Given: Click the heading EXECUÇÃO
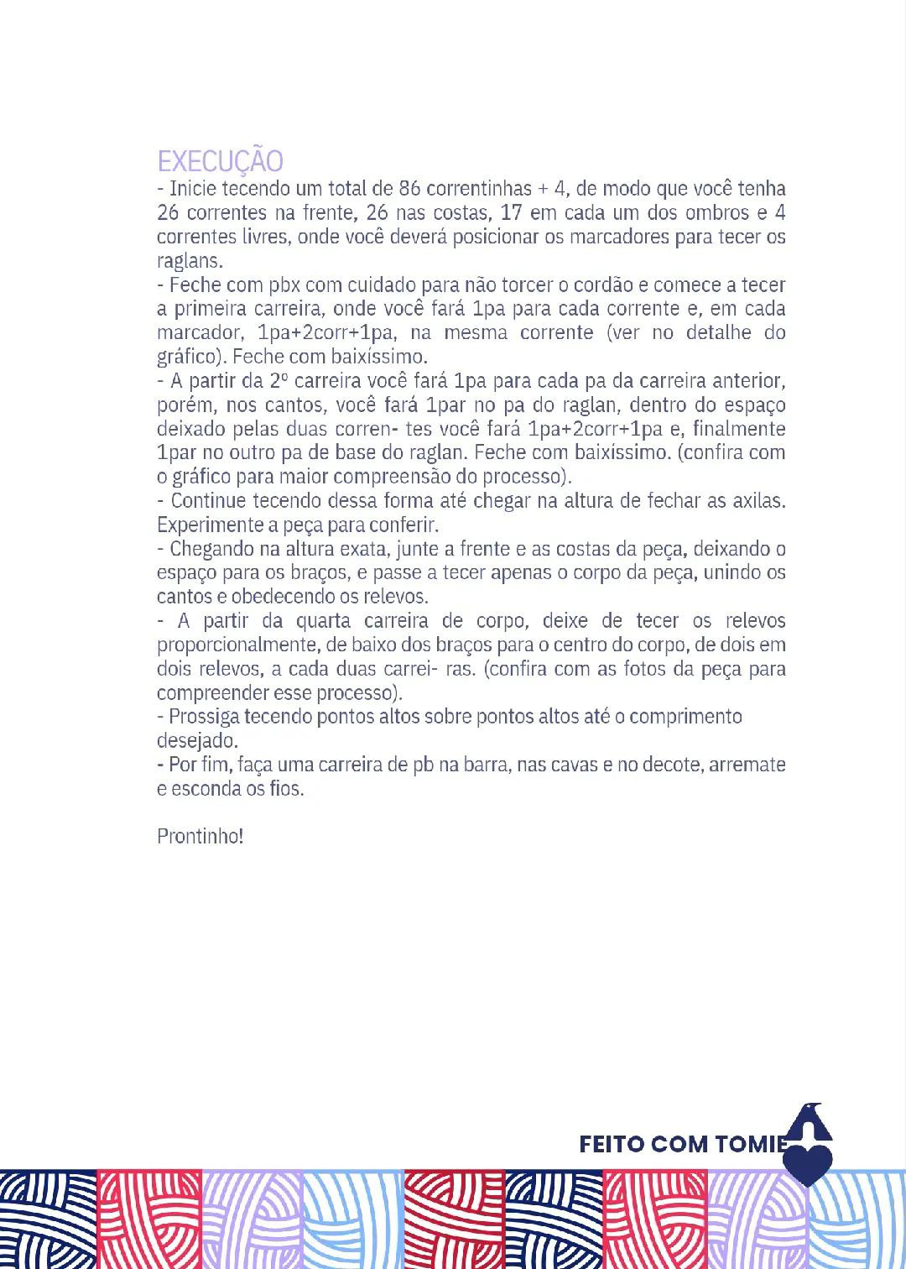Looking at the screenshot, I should click(x=220, y=161).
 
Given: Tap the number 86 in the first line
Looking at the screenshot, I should click(x=410, y=188).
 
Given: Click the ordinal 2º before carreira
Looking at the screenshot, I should click(x=279, y=380).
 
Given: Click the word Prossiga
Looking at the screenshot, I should click(x=204, y=717).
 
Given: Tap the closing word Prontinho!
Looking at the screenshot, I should click(x=200, y=837).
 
